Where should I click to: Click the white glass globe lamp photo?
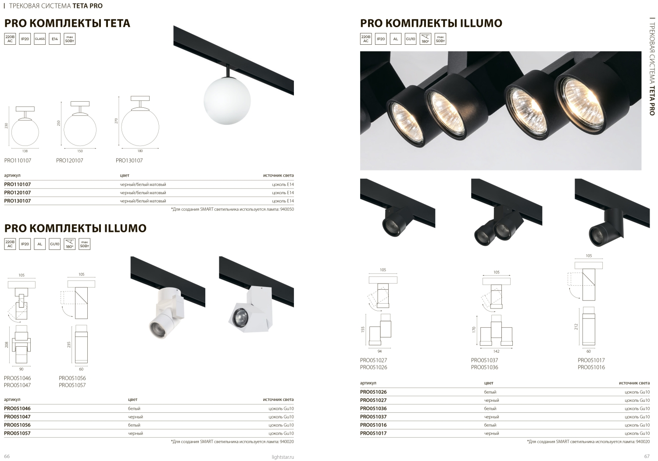point(227,100)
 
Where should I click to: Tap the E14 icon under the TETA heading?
point(55,39)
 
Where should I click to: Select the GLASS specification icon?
point(39,39)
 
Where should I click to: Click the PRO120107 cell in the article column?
point(18,192)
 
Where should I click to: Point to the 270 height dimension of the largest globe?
point(116,121)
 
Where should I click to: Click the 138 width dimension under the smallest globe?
point(25,151)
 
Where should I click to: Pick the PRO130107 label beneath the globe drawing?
point(129,160)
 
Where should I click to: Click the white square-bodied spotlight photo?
point(250,309)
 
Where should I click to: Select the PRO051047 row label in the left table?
point(18,417)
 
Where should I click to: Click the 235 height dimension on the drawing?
point(69,344)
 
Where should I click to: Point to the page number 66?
point(7,456)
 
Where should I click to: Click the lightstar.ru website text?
point(283,457)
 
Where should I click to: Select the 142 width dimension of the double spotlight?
point(497,351)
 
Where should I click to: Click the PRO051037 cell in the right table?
point(373,417)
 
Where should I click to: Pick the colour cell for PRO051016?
point(490,425)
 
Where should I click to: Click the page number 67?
point(647,456)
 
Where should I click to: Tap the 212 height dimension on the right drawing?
point(576,326)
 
